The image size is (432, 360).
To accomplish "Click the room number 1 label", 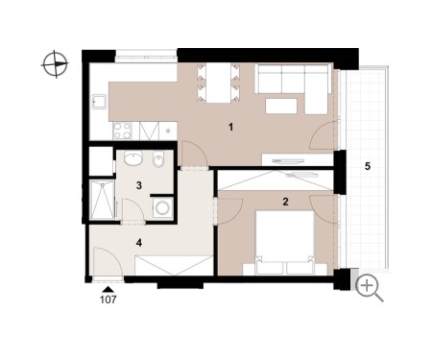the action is pos(230,127).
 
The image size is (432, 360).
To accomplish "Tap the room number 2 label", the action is pos(285,202).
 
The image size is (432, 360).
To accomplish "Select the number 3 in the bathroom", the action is pos(139,185).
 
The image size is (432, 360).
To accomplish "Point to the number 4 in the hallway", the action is pos(139,243).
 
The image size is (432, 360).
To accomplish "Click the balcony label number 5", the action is pos(368,166).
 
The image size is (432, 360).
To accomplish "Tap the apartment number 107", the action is pos(108,300).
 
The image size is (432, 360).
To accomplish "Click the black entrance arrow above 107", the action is pos(108,289).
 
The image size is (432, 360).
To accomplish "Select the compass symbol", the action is pos(55,64).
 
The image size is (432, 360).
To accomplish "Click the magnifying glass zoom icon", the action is pos(369,288).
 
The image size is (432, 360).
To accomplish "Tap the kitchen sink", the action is pos(100,102).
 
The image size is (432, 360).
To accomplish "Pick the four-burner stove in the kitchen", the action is pos(122,131).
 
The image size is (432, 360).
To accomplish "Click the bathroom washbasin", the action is pos(133,158).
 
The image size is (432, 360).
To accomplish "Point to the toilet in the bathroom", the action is pos(158,159).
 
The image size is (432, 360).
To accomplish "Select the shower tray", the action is pos(102,200).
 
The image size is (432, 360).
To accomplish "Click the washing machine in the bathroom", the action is pos(163,208).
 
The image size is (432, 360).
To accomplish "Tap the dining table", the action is pos(218,83).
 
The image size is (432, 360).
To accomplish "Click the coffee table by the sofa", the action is pos(281,106).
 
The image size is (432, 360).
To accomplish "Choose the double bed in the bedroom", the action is pos(284,242).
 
